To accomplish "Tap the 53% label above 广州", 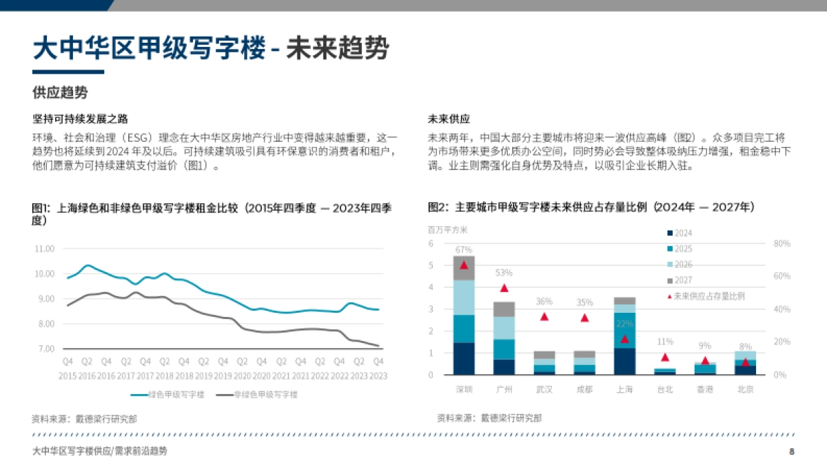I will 504,273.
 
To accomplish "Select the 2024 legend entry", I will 683,234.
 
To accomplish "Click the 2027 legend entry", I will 683,280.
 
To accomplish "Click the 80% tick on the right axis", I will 782,244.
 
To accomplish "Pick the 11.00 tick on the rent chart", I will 44,249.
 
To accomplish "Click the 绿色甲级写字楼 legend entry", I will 167,395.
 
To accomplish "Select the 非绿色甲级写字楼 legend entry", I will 256,395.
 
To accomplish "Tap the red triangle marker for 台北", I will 665,358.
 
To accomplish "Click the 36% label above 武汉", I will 544,301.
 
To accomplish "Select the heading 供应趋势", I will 60,92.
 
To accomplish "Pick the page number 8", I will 792,452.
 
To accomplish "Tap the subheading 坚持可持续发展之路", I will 80,119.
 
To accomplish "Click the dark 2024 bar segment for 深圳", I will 464,358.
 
